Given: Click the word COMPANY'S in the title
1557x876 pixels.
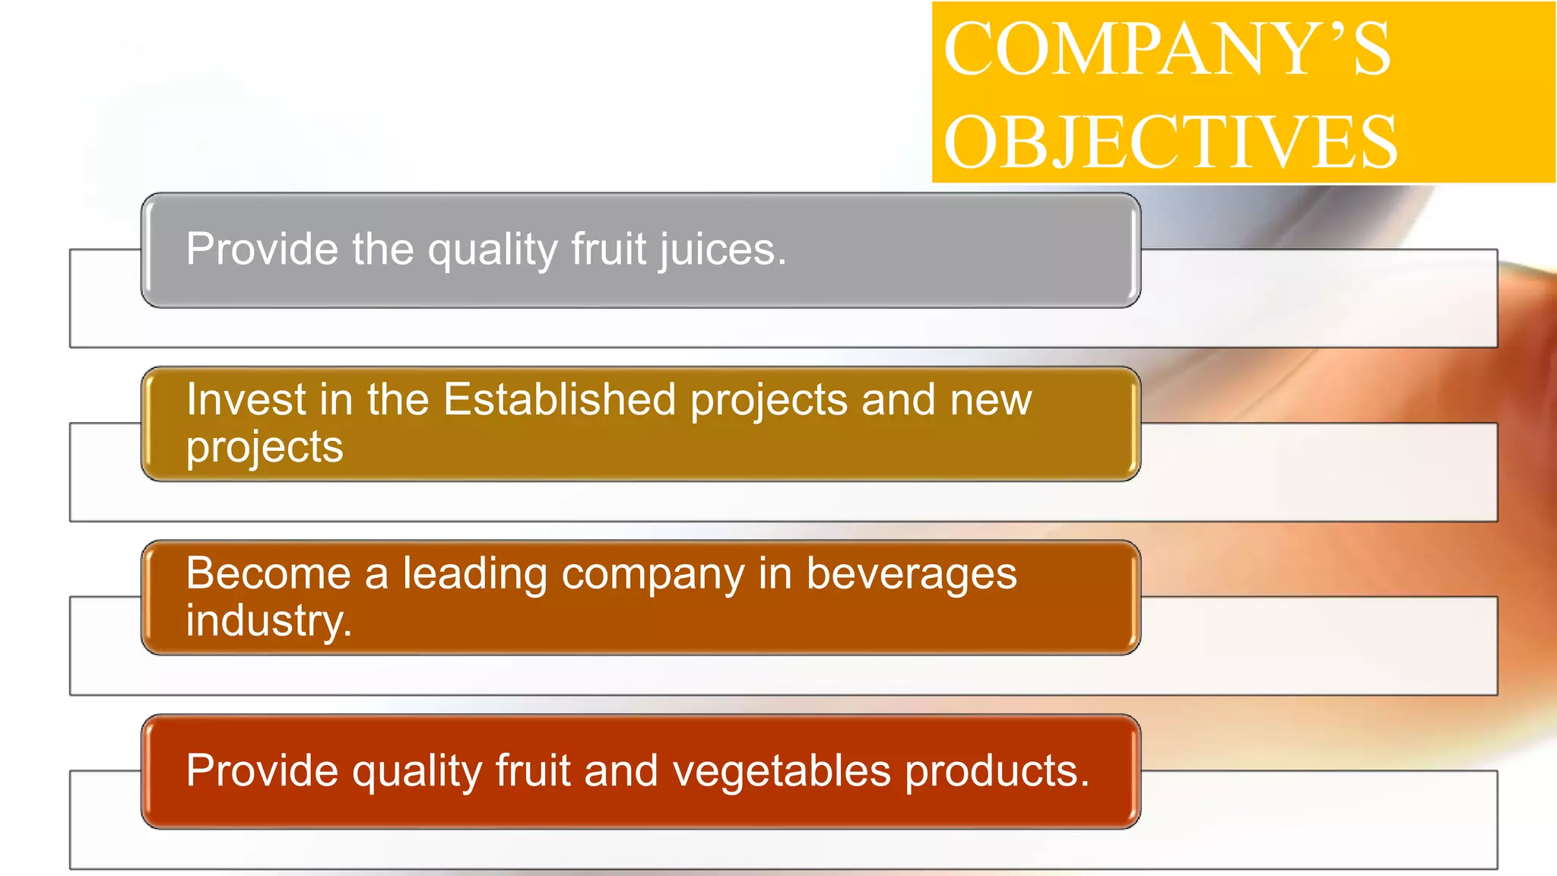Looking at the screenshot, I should click(x=1167, y=49).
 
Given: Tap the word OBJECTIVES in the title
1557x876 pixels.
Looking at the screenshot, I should click(x=1170, y=142).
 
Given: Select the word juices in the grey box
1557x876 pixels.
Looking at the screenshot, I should click(x=722, y=249).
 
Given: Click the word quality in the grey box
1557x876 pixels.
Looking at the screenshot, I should click(x=493, y=249).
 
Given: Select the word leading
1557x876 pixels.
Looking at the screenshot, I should click(x=474, y=574).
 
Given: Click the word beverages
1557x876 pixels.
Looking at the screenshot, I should click(x=911, y=574).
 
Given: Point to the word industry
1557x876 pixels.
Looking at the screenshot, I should click(x=268, y=620).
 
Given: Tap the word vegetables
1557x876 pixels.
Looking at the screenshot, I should click(x=782, y=771).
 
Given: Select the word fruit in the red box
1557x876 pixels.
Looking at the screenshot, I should click(x=533, y=771).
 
